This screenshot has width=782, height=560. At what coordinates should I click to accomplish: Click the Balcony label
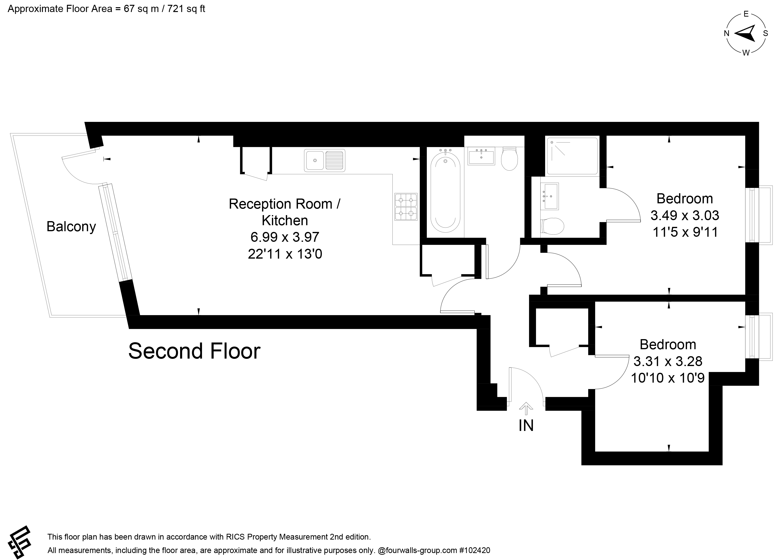point(71,227)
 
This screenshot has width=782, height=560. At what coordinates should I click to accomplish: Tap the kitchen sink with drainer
point(324,160)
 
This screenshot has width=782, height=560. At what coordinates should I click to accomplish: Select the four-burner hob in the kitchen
point(406,207)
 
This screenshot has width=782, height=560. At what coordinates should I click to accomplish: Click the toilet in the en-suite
point(552,226)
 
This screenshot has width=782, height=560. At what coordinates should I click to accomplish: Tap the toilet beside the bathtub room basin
point(509,159)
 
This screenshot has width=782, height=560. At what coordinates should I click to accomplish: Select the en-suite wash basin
point(550,196)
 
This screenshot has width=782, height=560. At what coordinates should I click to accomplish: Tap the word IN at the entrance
point(526,426)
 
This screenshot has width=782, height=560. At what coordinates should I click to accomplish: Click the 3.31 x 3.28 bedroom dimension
point(668,361)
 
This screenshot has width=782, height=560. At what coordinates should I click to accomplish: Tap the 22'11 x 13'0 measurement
point(285,254)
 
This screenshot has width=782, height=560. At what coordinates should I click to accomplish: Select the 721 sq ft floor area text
point(186,9)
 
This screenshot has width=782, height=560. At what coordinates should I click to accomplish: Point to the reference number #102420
point(474,550)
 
